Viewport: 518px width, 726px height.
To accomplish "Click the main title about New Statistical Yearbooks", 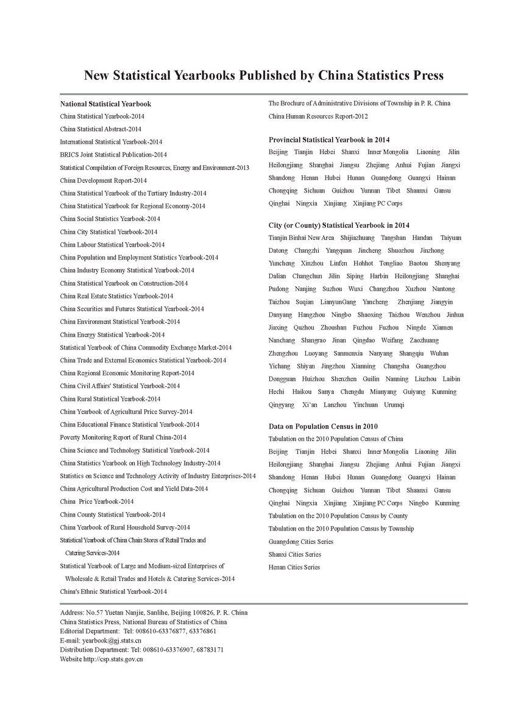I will pos(263,75).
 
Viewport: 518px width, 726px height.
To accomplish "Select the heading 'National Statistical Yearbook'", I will pos(105,104).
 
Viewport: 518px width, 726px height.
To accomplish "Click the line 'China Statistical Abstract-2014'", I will pos(101,129).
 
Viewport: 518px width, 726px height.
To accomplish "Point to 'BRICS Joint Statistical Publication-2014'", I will pos(113,155).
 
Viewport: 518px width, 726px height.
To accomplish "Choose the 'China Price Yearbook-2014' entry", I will pos(97,502).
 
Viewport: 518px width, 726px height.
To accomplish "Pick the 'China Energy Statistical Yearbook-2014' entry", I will pos(112,334).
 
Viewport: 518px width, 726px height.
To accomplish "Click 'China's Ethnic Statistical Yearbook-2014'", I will pos(113,591).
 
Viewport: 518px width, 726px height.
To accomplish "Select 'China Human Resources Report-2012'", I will pos(318,116).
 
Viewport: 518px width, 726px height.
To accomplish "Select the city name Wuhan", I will pos(439,353).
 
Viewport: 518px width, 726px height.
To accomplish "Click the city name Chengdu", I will pos(352,392).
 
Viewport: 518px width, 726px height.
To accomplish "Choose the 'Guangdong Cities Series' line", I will pos(301,541).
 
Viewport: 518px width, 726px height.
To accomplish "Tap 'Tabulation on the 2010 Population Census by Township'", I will pos(341,529).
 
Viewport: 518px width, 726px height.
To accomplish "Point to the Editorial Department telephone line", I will pos(138,632).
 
